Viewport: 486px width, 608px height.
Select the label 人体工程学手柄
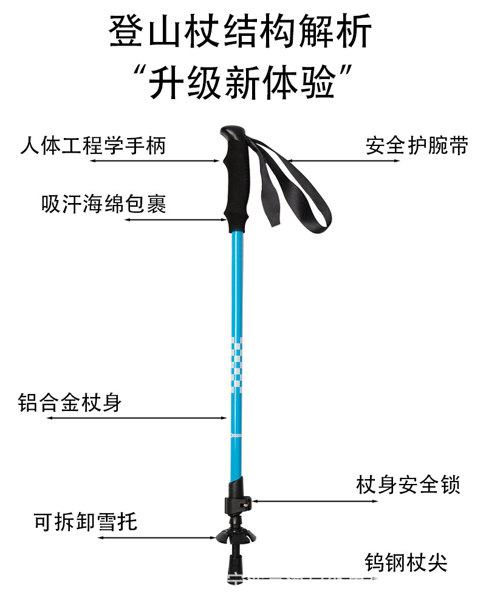[x=93, y=146]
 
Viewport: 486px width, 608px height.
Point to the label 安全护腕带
[x=416, y=146]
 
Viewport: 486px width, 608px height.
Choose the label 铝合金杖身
[x=70, y=402]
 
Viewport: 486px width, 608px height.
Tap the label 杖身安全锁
[x=408, y=485]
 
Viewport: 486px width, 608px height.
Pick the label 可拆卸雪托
[x=86, y=522]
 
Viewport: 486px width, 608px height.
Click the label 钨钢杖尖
[x=406, y=562]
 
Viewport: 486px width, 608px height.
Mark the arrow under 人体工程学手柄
[x=152, y=161]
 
